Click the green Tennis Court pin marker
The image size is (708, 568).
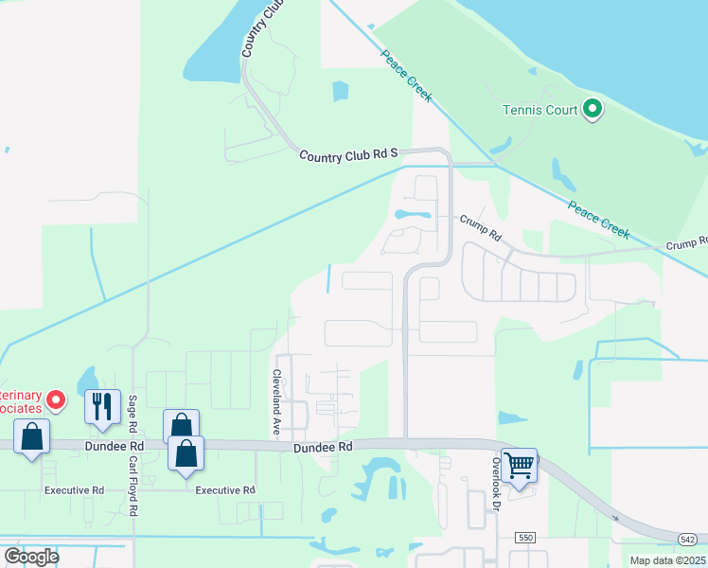(593, 110)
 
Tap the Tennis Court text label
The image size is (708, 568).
(540, 111)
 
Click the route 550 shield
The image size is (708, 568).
(525, 537)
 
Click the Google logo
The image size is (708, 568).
(31, 556)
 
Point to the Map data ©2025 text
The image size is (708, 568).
(668, 560)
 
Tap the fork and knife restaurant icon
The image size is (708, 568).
(103, 406)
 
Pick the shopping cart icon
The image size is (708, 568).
(520, 465)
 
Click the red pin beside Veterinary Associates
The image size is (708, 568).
(56, 400)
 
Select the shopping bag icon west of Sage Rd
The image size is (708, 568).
(32, 437)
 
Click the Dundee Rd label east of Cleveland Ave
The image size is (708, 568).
(323, 447)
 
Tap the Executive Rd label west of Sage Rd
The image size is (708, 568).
(74, 490)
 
